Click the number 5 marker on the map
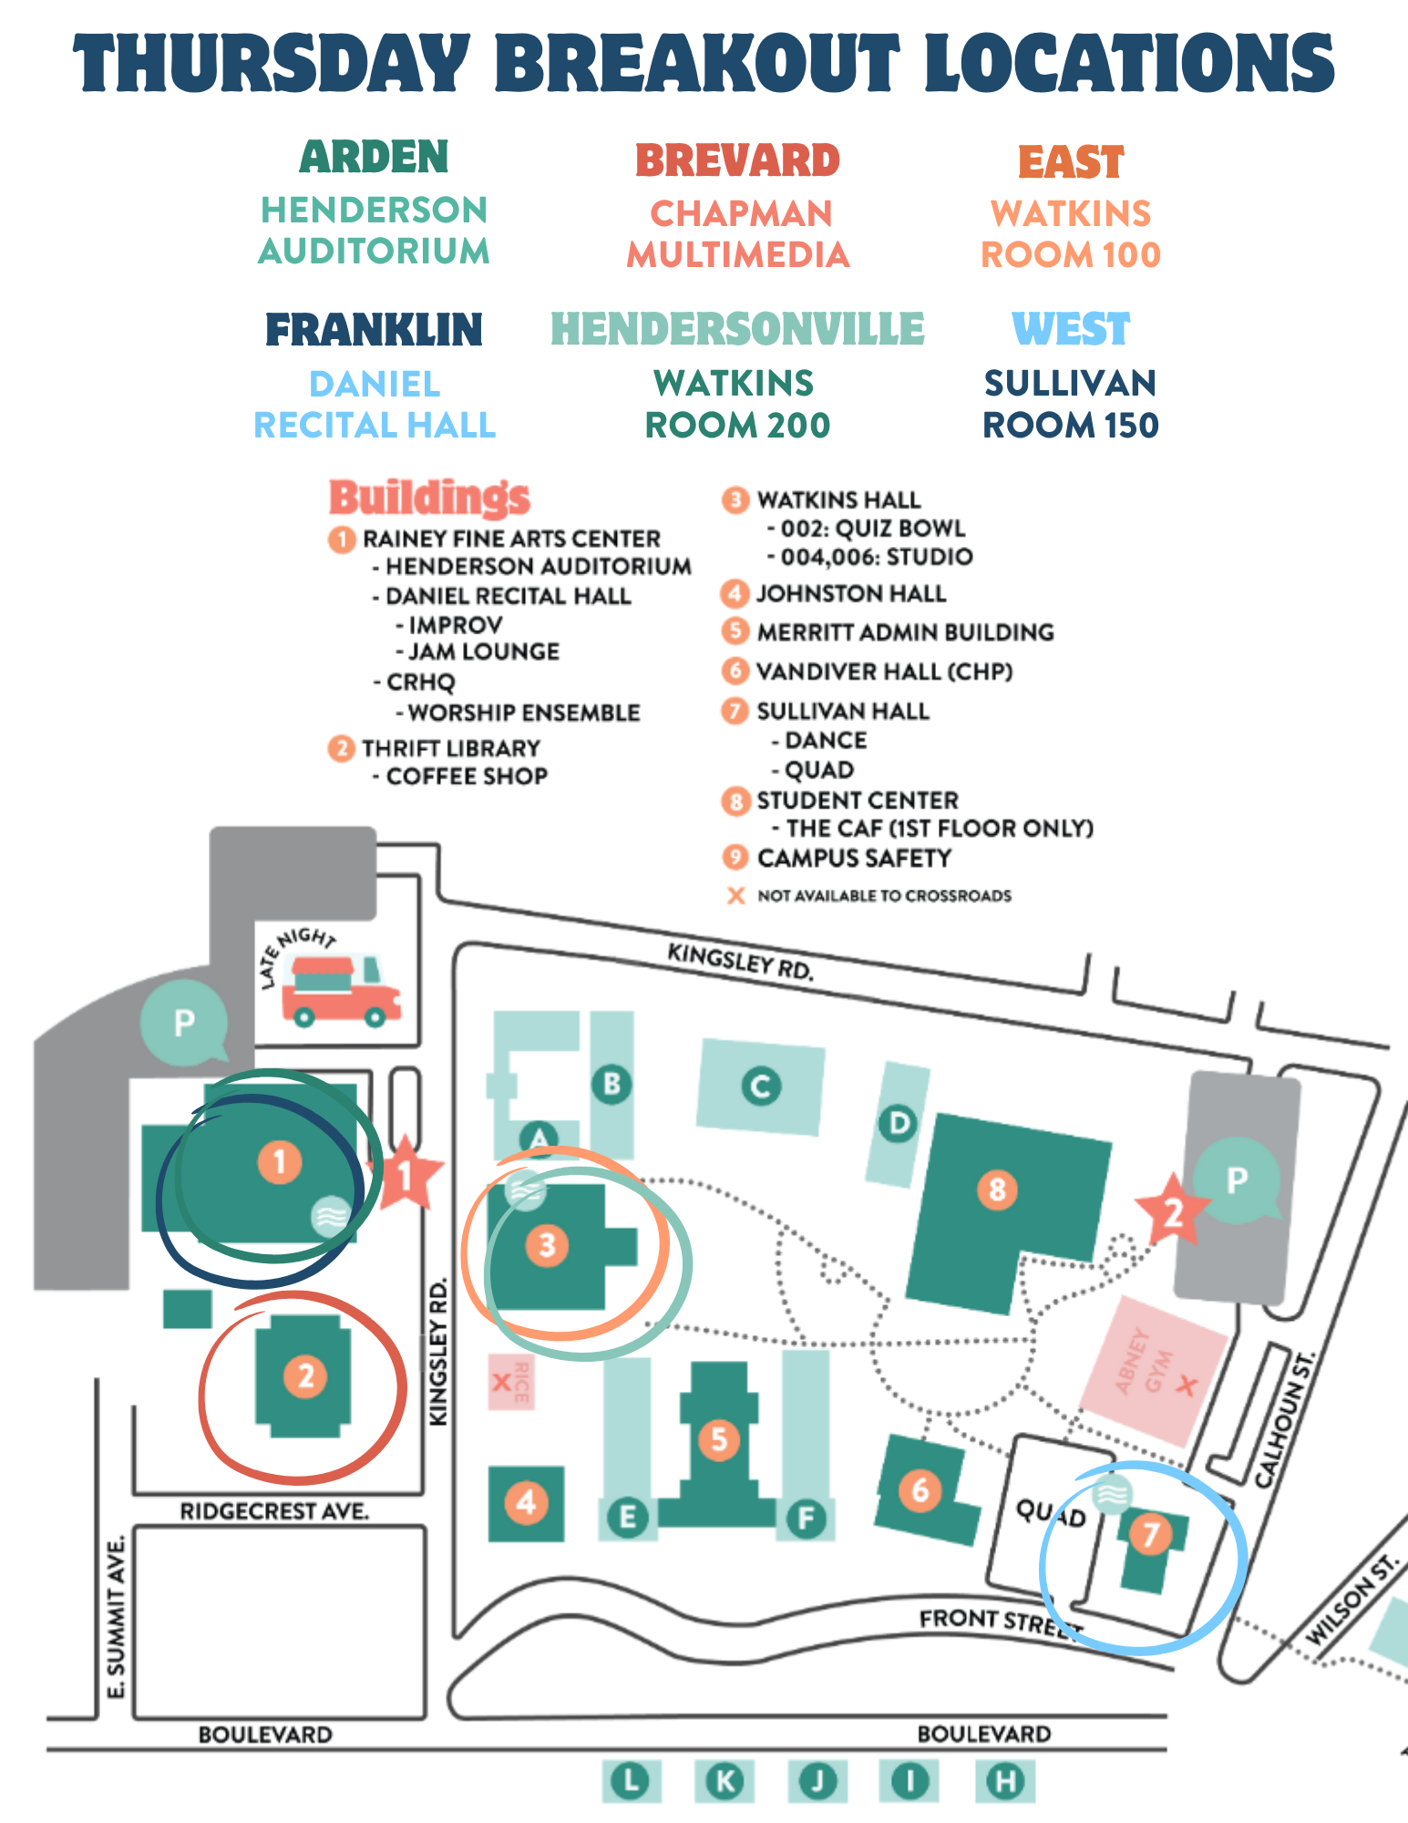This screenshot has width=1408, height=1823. pyautogui.click(x=719, y=1439)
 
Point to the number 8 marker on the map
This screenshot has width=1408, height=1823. pyautogui.click(x=997, y=1189)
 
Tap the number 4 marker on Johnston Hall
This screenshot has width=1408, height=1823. pyautogui.click(x=526, y=1501)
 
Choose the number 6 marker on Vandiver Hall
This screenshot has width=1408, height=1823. pyautogui.click(x=920, y=1489)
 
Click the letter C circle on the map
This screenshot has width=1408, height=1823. pyautogui.click(x=760, y=1086)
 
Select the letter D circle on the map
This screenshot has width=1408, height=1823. pyautogui.click(x=899, y=1123)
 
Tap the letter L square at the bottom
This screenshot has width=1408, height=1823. pyautogui.click(x=631, y=1780)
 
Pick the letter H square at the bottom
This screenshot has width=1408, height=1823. pyautogui.click(x=1005, y=1780)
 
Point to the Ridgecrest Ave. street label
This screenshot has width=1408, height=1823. pyautogui.click(x=274, y=1512)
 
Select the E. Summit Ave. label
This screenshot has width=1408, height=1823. pyautogui.click(x=116, y=1617)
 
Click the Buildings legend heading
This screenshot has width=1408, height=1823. pyautogui.click(x=429, y=498)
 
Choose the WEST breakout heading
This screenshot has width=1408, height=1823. pyautogui.click(x=1071, y=329)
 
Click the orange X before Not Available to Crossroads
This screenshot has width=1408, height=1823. pyautogui.click(x=735, y=896)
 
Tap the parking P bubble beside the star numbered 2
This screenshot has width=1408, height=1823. pyautogui.click(x=1237, y=1180)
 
